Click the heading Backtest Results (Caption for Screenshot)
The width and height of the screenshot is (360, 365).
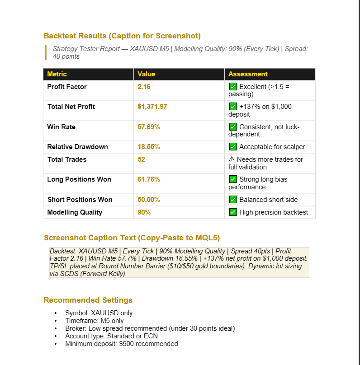tap(122, 36)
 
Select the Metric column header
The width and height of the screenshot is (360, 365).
tap(57, 74)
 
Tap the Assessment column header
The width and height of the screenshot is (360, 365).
tap(248, 74)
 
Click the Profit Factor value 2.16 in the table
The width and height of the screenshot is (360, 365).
tap(144, 87)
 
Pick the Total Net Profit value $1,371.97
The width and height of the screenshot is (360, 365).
tap(152, 107)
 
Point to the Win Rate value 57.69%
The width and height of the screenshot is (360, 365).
tap(148, 127)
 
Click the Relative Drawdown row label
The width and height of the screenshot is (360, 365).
tap(77, 147)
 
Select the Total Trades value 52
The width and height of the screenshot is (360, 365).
tap(141, 159)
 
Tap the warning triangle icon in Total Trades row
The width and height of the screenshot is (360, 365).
tap(232, 159)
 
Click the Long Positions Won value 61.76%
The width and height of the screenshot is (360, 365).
tap(148, 179)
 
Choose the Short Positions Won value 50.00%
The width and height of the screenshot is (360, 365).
tap(148, 200)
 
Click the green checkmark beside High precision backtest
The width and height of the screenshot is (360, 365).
tap(233, 212)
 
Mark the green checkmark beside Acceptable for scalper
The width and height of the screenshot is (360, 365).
tap(233, 147)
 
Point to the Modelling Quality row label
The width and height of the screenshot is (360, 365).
tap(75, 212)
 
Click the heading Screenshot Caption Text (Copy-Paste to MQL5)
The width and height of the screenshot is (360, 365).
tap(132, 238)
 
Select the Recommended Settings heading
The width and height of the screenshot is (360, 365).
tap(88, 300)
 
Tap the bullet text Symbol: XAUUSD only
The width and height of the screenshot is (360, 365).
tap(99, 313)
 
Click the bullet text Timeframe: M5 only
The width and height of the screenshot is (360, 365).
tap(94, 321)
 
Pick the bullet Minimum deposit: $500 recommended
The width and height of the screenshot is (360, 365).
tap(121, 344)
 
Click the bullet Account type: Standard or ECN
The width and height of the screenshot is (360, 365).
tap(111, 336)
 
